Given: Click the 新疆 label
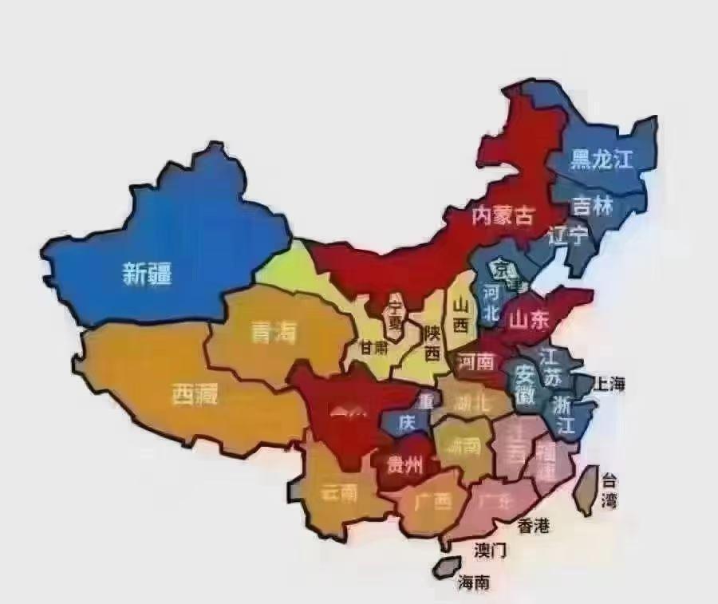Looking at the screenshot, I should click(148, 274).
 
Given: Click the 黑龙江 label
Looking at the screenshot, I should click(602, 160).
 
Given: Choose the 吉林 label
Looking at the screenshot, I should click(593, 206).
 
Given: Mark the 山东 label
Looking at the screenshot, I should click(530, 320).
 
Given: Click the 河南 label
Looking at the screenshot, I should click(476, 363).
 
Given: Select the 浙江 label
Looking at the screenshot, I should click(564, 414).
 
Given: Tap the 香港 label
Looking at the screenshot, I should click(534, 526).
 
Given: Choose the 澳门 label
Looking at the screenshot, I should click(491, 550).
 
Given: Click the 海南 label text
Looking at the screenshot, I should click(473, 582).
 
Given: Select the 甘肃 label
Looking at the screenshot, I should click(375, 347).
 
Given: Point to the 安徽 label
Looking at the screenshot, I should click(525, 382).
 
